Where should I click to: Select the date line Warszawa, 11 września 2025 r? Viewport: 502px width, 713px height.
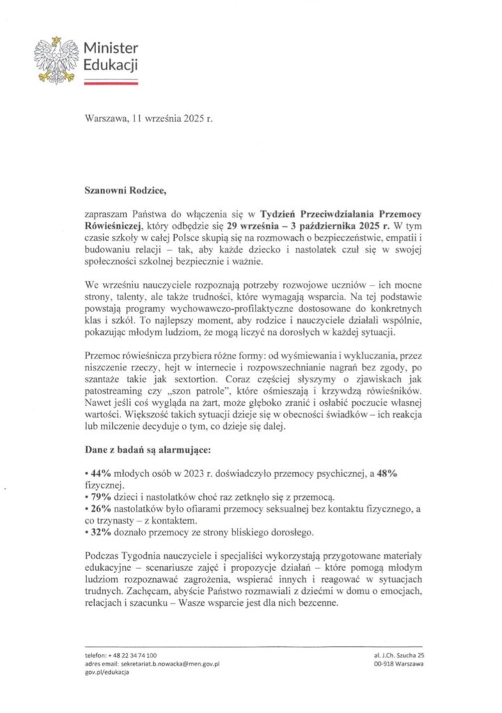click(147, 119)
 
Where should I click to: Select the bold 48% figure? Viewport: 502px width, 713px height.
click(388, 473)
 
